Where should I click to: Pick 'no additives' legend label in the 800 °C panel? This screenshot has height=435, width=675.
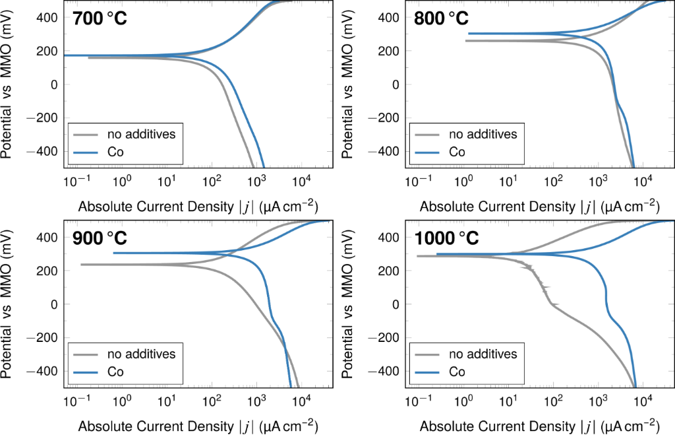483,134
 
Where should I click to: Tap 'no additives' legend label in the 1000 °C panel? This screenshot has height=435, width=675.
483,354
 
